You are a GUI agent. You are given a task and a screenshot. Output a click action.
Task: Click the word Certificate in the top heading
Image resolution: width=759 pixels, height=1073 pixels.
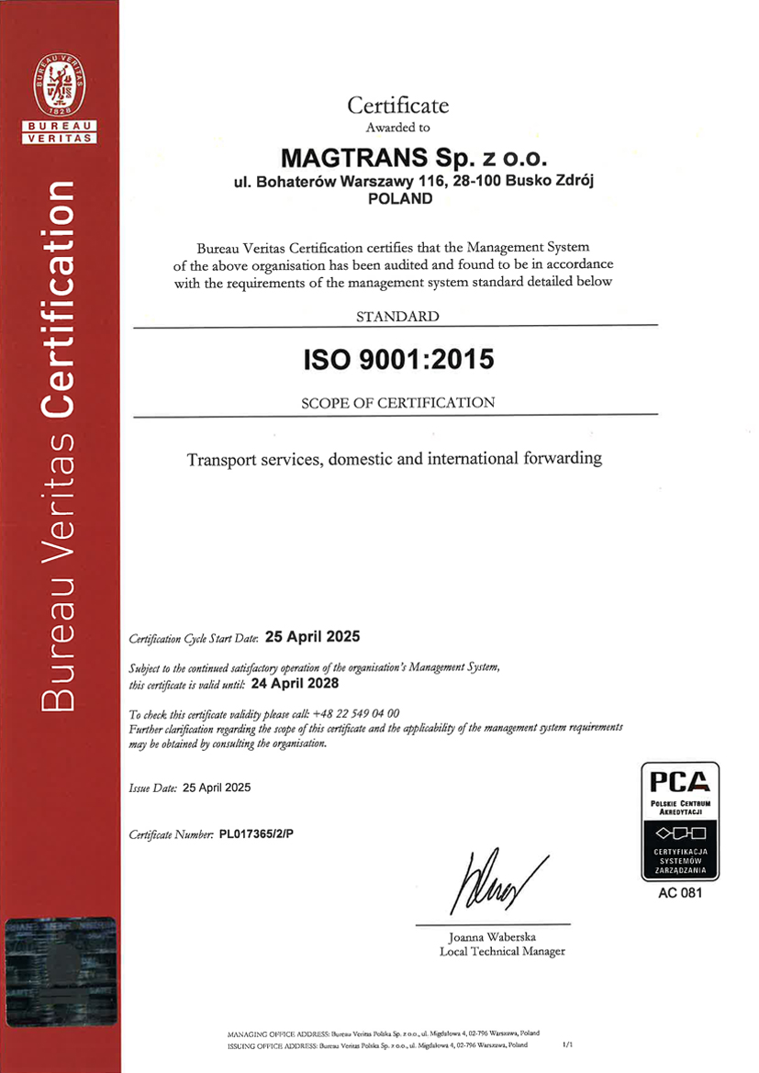pos(397,106)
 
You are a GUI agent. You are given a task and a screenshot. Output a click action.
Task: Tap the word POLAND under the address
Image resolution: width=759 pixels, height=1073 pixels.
pos(398,197)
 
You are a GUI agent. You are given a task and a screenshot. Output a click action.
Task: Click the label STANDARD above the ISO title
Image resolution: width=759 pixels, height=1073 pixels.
pos(397,317)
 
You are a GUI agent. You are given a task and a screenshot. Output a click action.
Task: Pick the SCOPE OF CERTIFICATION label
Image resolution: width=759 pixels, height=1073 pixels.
pos(398,402)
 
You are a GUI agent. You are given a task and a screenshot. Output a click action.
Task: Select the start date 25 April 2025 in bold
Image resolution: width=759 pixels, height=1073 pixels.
pos(313,636)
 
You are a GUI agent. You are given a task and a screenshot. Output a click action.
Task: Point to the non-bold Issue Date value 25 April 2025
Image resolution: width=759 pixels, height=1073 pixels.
pos(217,788)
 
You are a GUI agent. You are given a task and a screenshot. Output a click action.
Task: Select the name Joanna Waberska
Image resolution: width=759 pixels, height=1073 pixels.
pos(492,937)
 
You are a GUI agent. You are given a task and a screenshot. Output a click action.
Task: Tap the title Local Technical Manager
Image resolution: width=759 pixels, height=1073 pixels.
pos(502,951)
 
